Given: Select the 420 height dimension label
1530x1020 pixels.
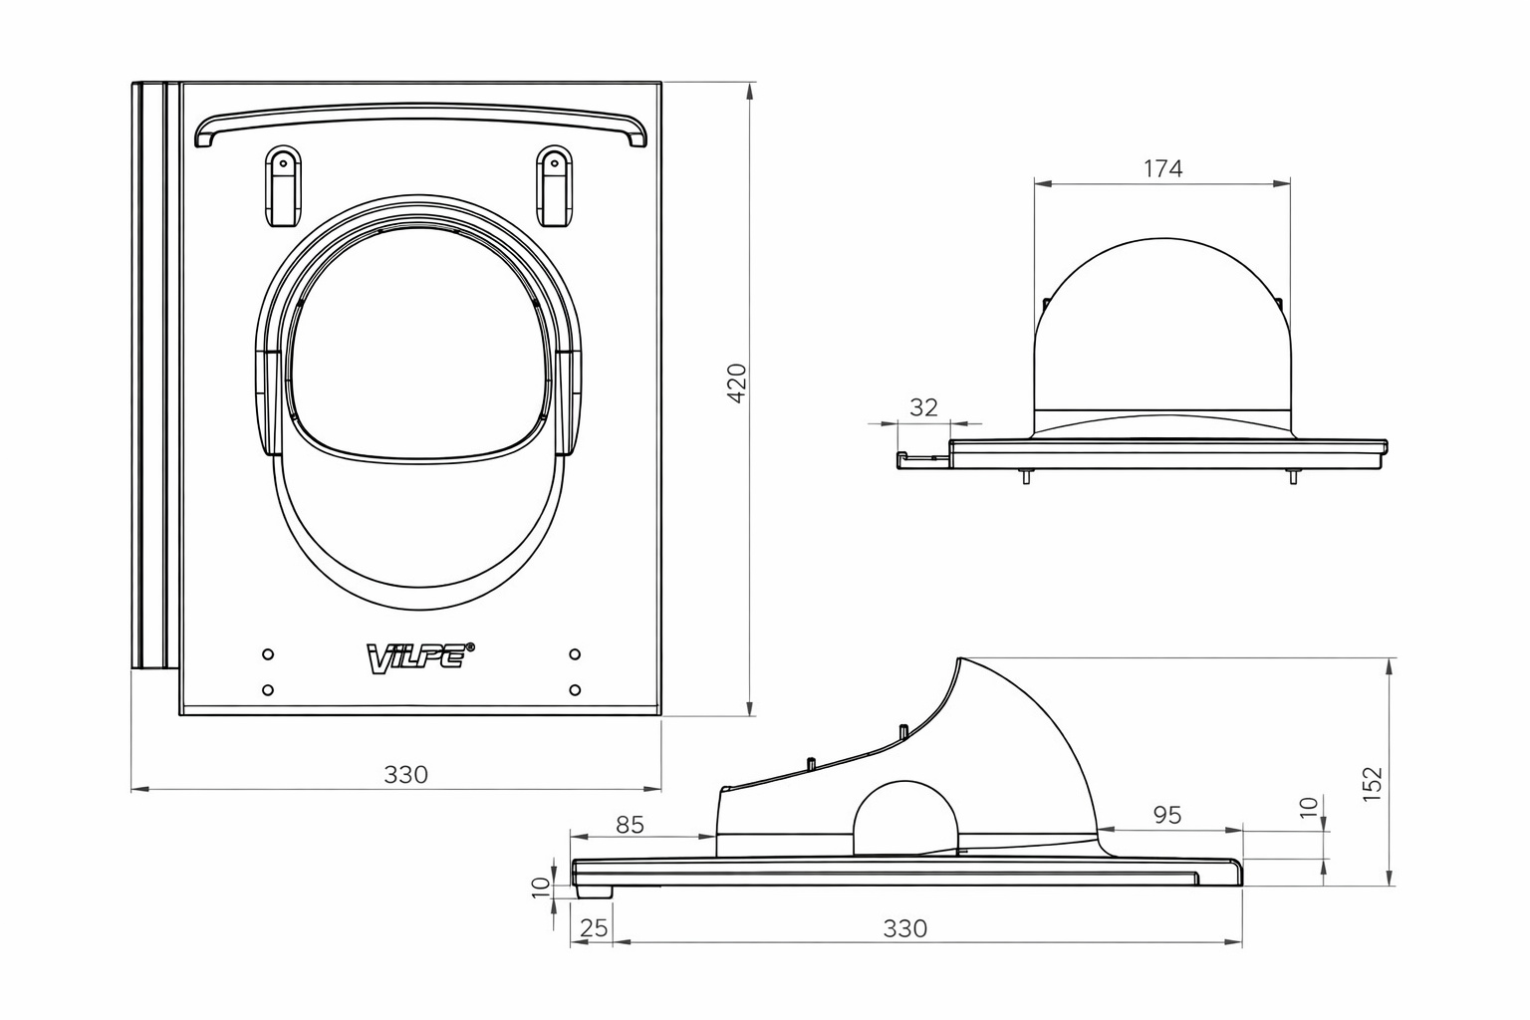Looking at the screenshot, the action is click(738, 383).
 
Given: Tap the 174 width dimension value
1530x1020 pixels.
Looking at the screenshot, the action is click(1162, 168).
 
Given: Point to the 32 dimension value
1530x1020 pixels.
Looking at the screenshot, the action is click(923, 407).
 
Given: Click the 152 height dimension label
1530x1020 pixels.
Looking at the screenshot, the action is click(1372, 784).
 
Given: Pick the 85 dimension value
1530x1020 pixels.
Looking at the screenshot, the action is click(630, 826).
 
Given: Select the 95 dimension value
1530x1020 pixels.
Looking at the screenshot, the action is click(1167, 815).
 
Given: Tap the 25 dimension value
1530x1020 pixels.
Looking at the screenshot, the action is click(594, 927).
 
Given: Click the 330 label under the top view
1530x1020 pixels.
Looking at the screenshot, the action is click(405, 774).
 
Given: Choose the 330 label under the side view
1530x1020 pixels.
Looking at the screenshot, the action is click(905, 928).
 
